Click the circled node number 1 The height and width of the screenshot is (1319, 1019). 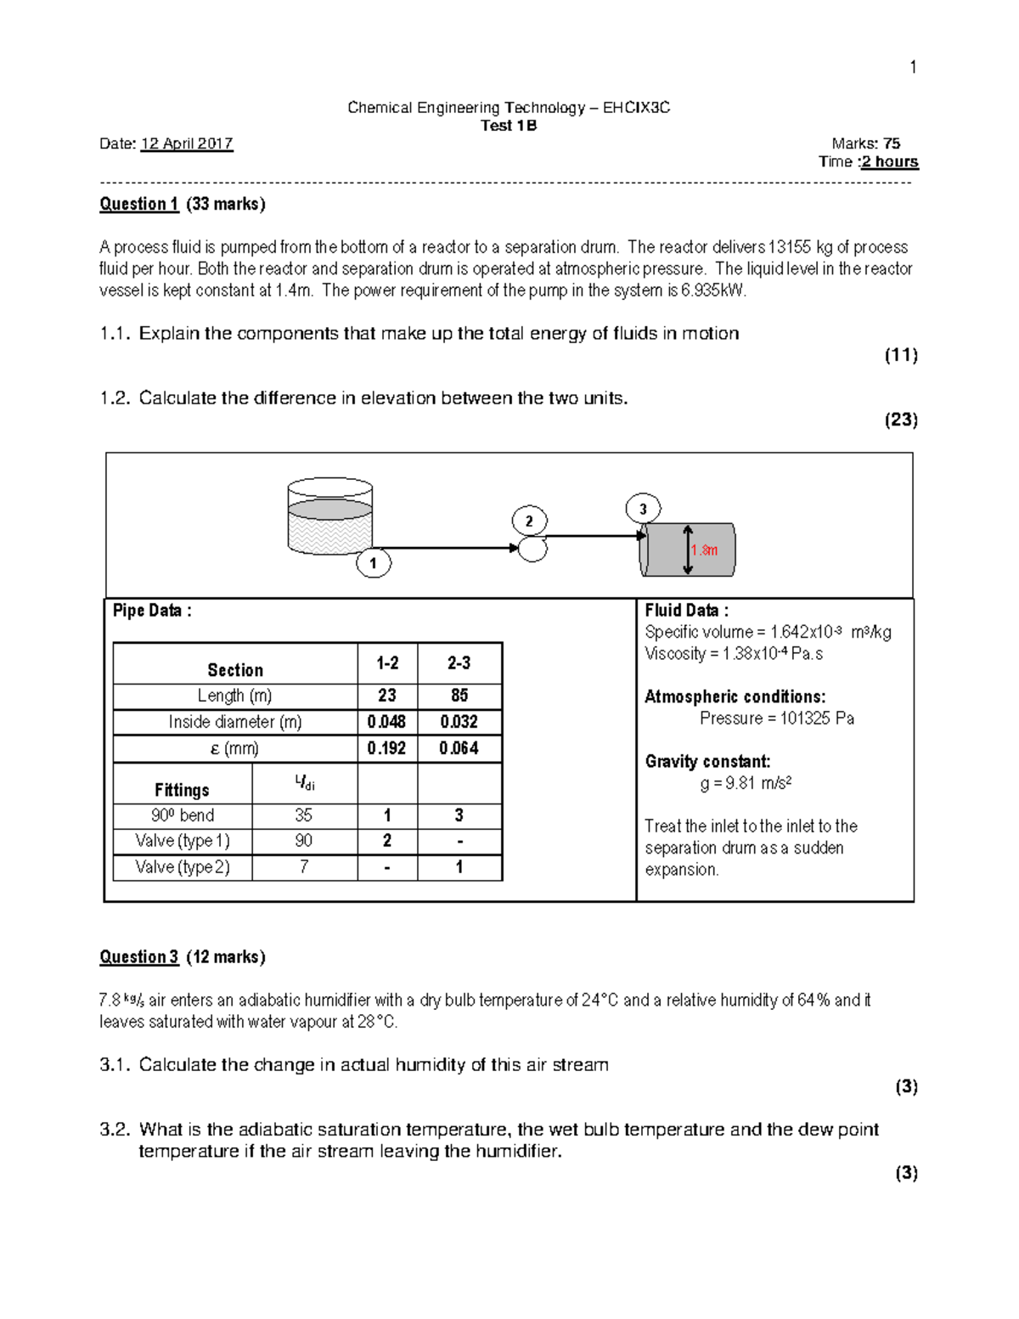373,562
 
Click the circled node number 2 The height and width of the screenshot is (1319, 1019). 529,521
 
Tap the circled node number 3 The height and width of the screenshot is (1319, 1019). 643,509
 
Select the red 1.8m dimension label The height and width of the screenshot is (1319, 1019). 705,550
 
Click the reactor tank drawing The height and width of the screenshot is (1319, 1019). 330,517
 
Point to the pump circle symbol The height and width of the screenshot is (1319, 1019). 533,549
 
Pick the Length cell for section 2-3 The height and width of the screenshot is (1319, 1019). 459,696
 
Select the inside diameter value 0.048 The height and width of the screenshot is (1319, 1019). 386,722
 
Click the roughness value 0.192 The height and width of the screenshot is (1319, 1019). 386,748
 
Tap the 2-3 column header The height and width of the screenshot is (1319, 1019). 459,663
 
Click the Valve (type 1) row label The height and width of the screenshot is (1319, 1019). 183,841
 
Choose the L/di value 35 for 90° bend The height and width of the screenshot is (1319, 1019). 303,815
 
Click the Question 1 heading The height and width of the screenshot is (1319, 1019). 139,204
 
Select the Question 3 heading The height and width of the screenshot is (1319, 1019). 139,957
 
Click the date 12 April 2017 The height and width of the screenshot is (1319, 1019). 187,144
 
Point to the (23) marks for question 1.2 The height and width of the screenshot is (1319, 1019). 901,420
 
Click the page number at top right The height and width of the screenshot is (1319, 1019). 913,67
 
